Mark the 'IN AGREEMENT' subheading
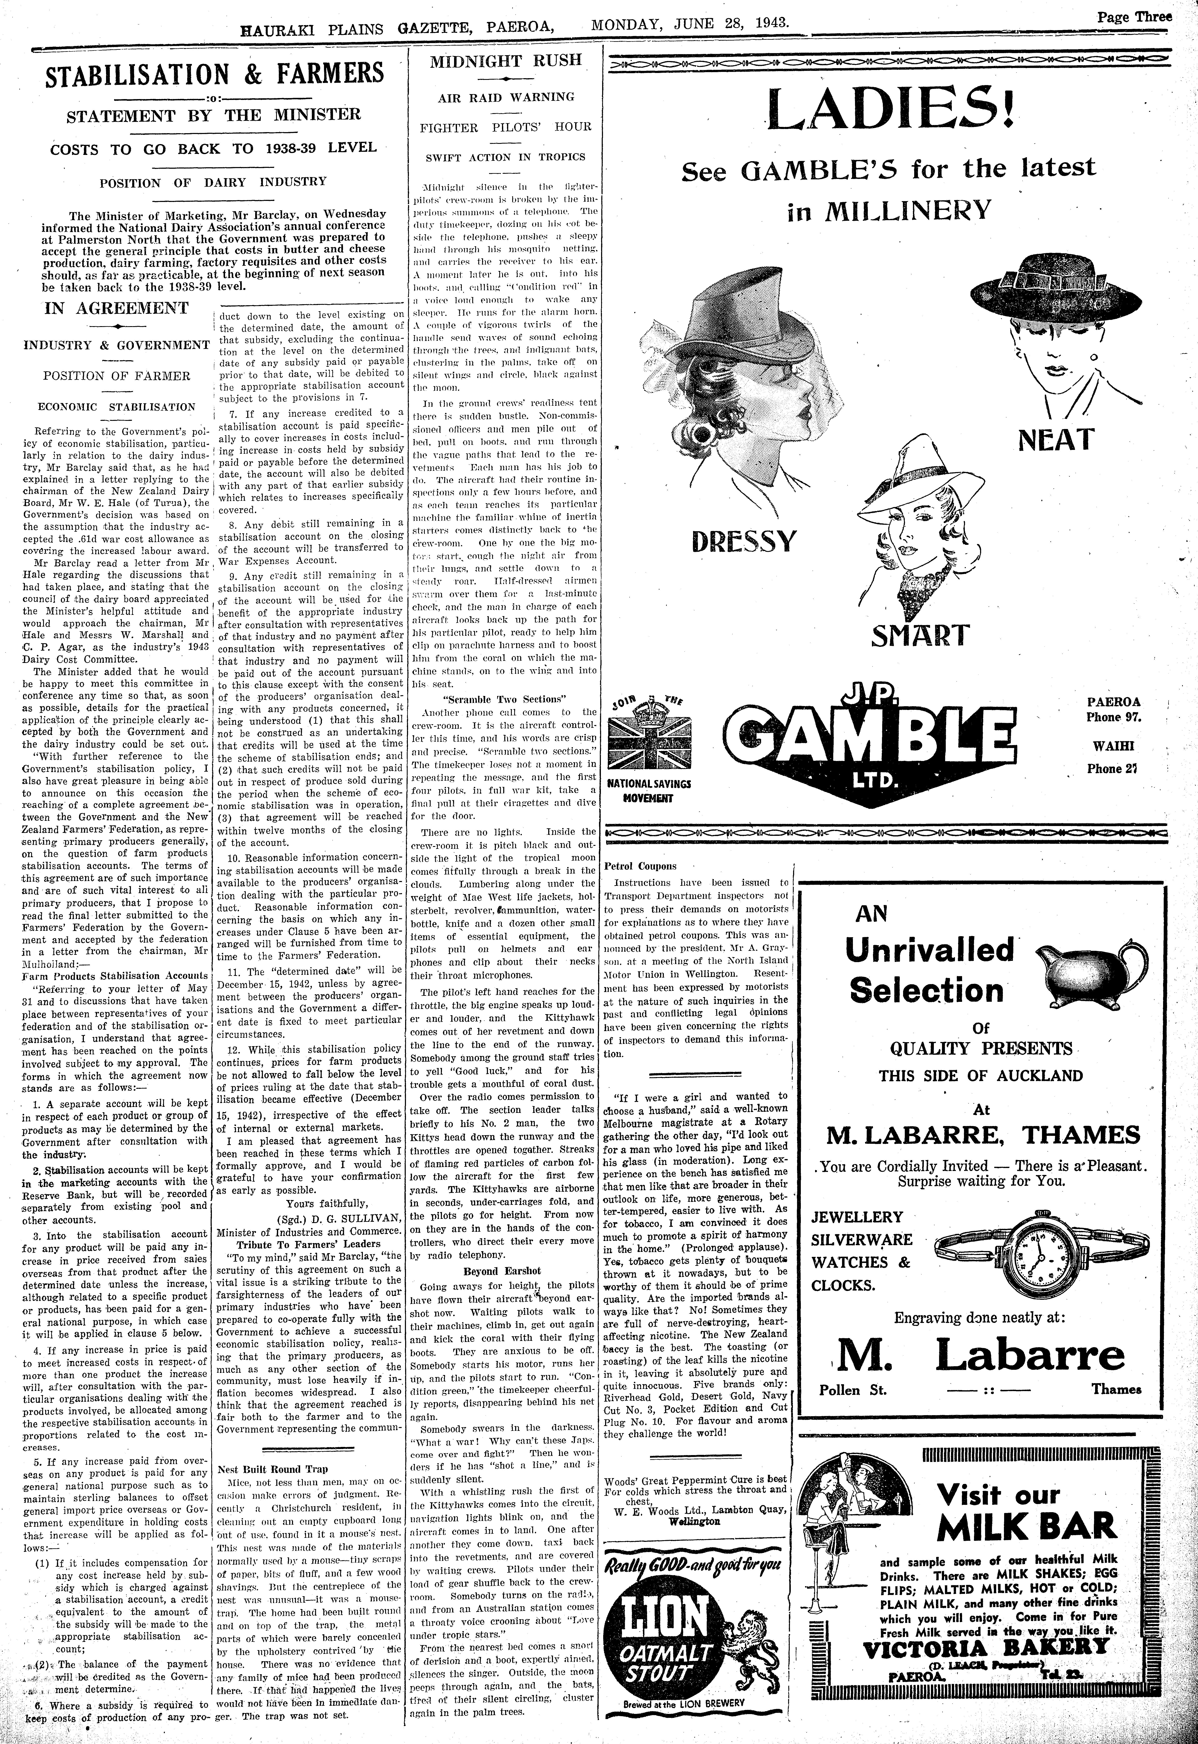point(116,308)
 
